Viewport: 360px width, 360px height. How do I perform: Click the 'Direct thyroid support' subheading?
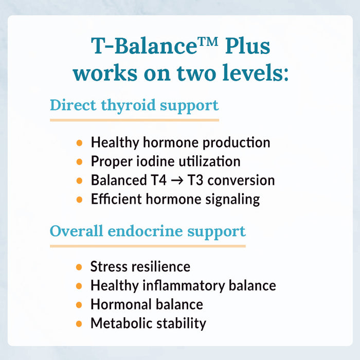pos(134,105)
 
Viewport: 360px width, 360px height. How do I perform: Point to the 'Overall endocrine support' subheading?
pos(148,231)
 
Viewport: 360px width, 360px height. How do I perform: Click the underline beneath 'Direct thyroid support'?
pos(134,120)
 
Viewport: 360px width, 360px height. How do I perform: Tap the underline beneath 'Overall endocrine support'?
pos(148,246)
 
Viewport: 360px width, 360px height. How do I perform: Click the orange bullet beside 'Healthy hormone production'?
pos(79,143)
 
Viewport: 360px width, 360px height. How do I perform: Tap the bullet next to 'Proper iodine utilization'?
pos(79,162)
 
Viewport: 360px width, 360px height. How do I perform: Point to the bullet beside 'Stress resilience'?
pos(79,267)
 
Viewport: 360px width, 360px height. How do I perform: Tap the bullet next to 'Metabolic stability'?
pos(79,324)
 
